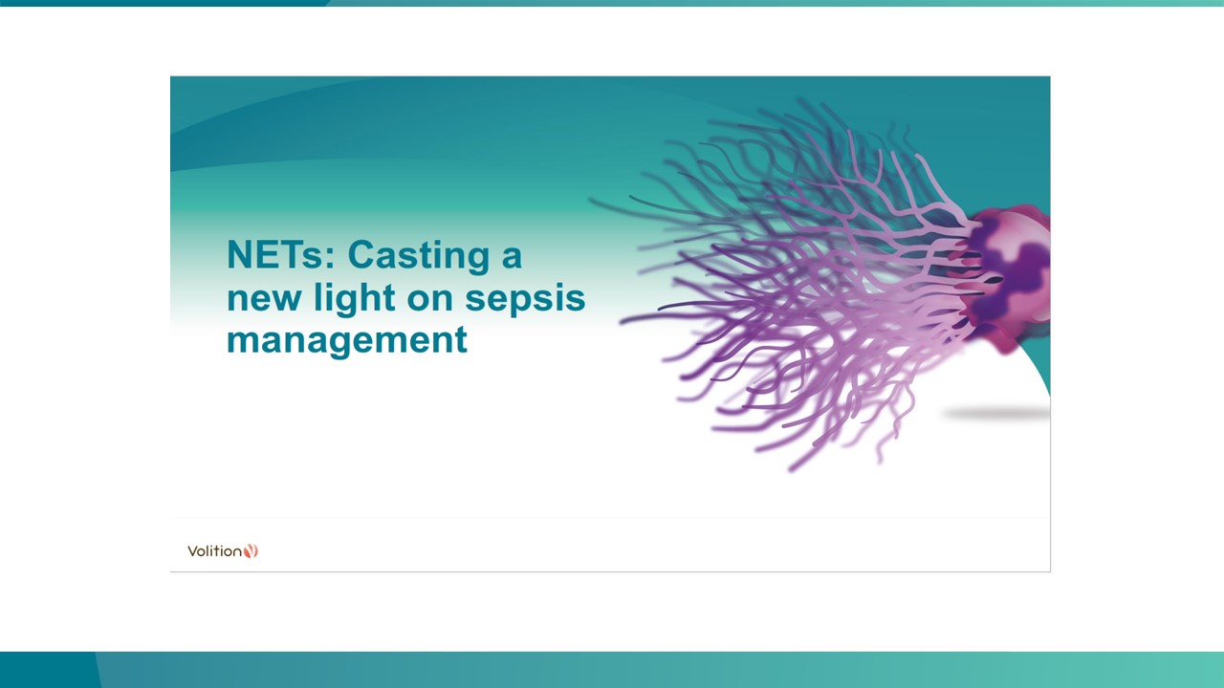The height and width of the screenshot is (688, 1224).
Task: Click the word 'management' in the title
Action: pos(346,340)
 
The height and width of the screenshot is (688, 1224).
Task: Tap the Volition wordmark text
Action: pos(214,551)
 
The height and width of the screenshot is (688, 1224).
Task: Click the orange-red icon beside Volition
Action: pos(251,551)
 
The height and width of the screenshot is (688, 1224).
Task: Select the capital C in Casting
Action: pos(362,255)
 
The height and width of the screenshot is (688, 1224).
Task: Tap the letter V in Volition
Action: pos(192,551)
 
